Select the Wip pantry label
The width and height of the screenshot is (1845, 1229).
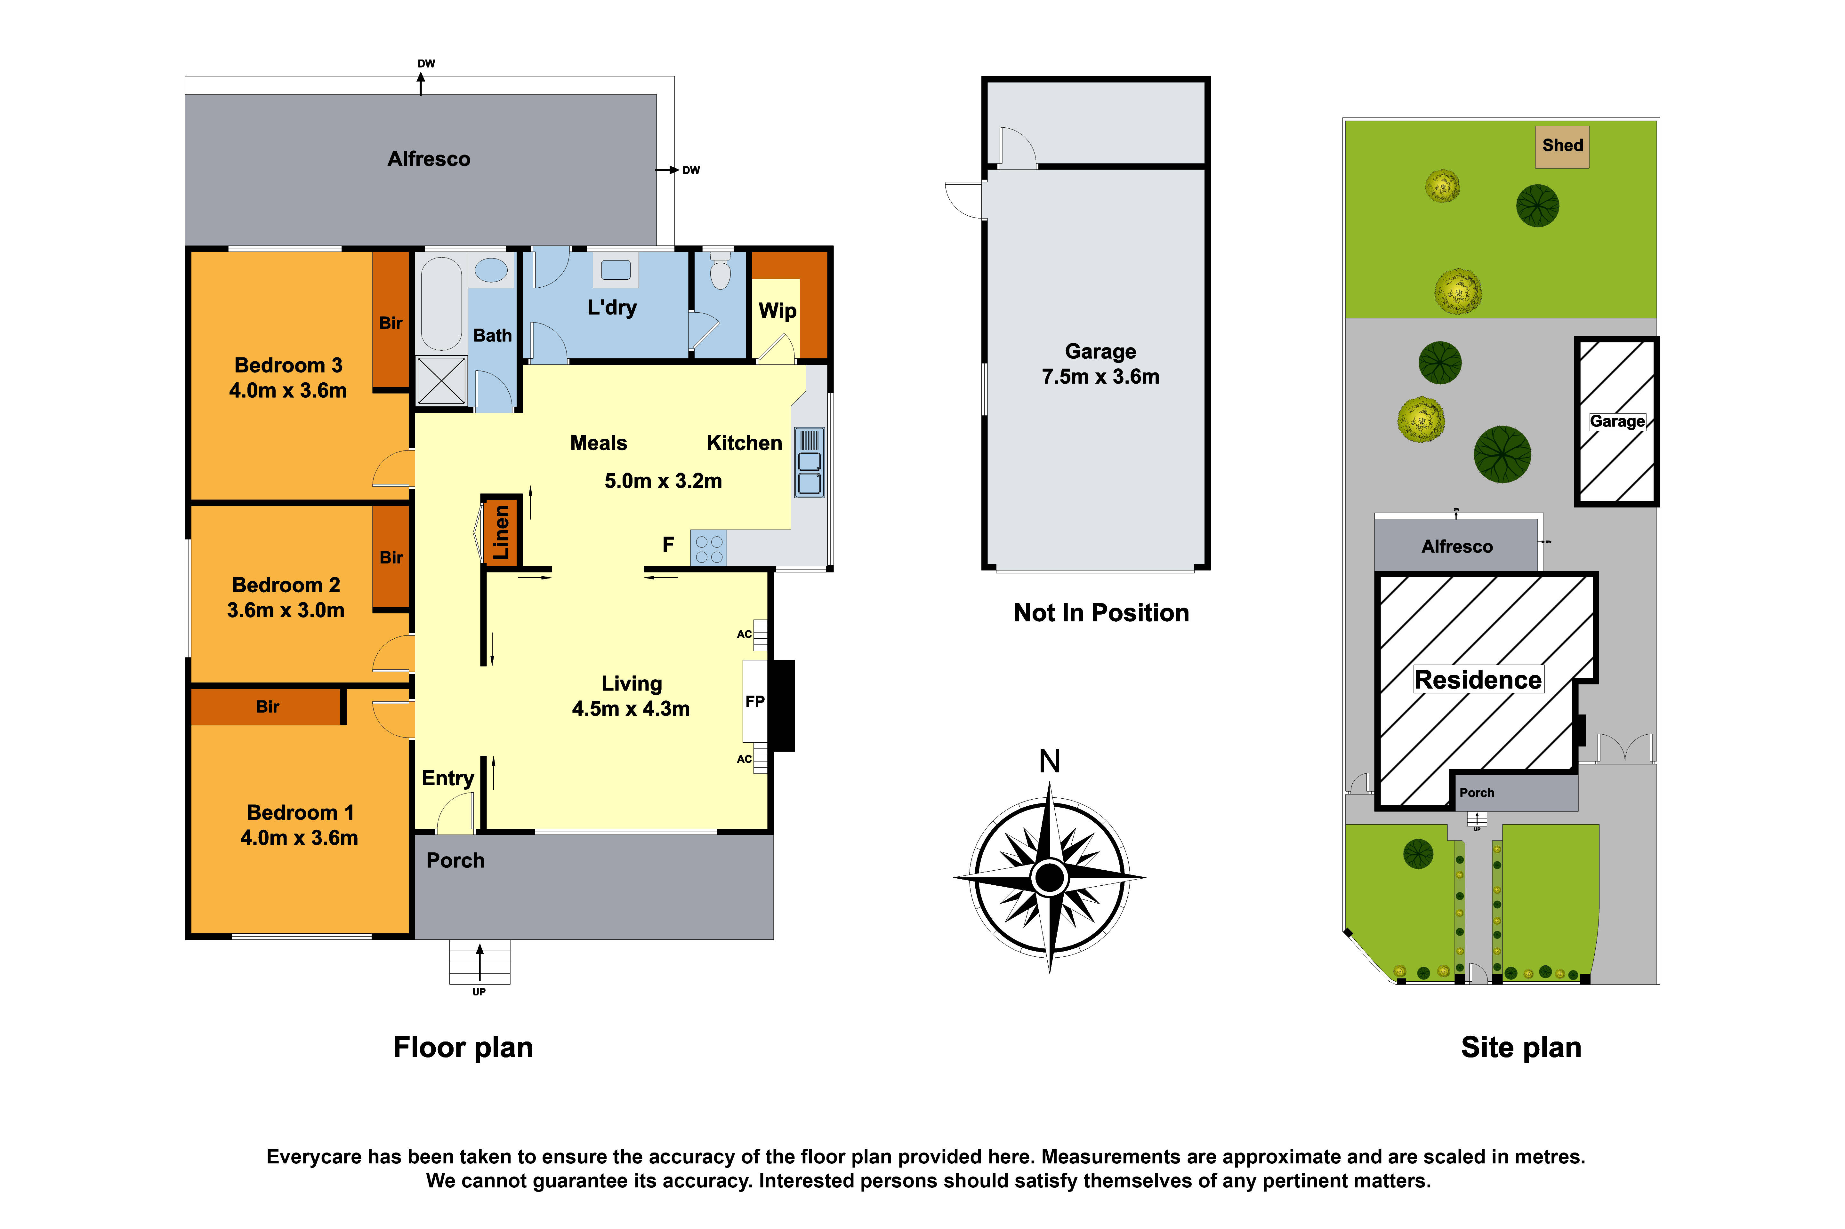pyautogui.click(x=777, y=311)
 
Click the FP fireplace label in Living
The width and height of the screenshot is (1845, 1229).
pyautogui.click(x=754, y=701)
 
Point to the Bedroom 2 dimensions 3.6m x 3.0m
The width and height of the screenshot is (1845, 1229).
pyautogui.click(x=286, y=610)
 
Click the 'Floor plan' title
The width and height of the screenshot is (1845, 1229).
pyautogui.click(x=463, y=1047)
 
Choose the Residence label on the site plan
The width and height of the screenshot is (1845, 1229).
pyautogui.click(x=1477, y=680)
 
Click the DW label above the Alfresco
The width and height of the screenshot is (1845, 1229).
pyautogui.click(x=426, y=63)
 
